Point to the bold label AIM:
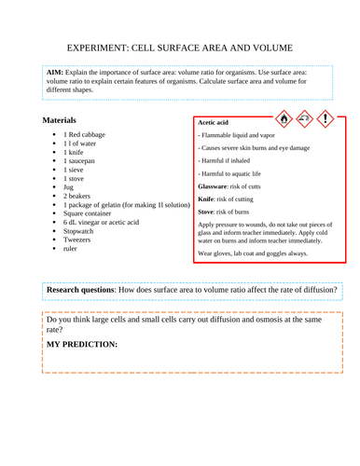[x=55, y=72]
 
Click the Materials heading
[x=60, y=121]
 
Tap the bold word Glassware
[x=217, y=185]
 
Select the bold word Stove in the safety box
[x=208, y=212]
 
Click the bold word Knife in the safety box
[x=208, y=199]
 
